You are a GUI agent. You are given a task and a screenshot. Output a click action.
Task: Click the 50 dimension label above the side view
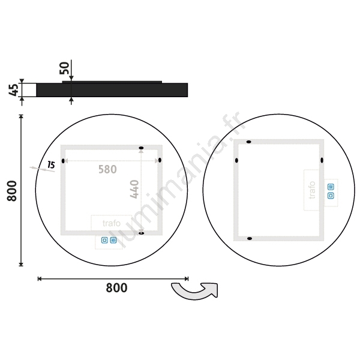tap(64, 68)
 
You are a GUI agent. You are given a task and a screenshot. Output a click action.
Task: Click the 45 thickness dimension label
tap(13, 90)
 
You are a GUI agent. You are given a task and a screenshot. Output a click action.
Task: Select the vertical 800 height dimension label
tap(12, 191)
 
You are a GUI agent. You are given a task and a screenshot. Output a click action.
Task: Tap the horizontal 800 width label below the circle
tap(116, 287)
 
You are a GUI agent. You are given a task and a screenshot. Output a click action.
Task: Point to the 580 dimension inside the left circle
tap(107, 169)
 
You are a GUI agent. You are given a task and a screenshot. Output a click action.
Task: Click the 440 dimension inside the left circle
tap(134, 189)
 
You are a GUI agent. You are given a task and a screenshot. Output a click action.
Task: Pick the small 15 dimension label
tap(51, 165)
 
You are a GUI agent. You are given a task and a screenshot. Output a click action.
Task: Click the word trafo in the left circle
tap(112, 223)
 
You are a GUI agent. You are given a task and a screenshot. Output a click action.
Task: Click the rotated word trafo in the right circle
tap(312, 190)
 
